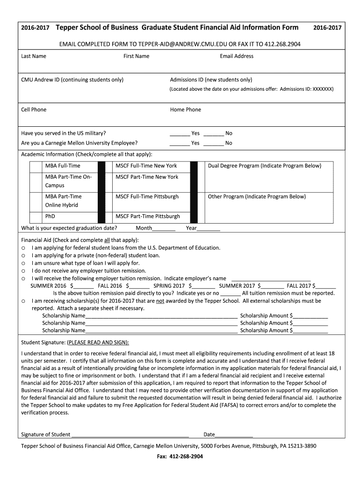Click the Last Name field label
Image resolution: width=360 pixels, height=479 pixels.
coord(34,56)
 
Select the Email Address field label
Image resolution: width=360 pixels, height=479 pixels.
coord(237,56)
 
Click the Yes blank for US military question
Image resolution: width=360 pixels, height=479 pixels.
coord(179,134)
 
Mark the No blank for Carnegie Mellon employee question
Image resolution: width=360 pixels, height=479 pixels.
coord(214,143)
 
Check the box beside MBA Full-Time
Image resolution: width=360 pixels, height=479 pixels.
coord(36,166)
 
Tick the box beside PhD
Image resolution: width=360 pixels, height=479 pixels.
coord(36,217)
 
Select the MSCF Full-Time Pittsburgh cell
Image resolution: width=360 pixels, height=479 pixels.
coord(147,197)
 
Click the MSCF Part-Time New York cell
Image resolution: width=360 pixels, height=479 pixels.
coord(147,177)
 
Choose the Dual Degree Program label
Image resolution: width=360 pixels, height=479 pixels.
coord(264,166)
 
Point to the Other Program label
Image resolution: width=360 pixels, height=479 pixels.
coord(257,197)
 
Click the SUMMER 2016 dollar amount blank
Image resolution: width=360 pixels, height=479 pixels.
coord(84,286)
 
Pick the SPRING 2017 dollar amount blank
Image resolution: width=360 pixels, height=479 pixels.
coord(203,286)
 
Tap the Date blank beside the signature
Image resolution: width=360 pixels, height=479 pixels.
coord(234,435)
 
